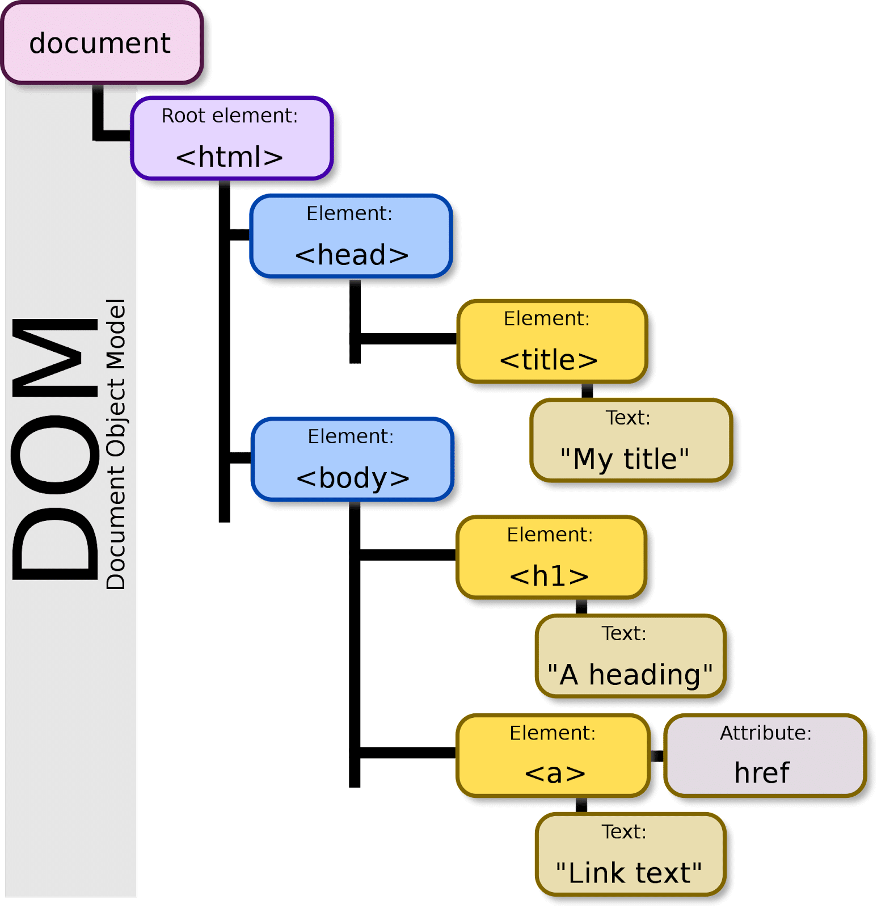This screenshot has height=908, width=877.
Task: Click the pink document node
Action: [x=102, y=43]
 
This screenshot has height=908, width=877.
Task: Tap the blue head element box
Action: [x=351, y=236]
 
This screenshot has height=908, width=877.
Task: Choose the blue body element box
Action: [x=352, y=459]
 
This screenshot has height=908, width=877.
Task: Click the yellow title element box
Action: [x=552, y=341]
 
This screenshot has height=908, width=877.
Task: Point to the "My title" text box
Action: [x=631, y=440]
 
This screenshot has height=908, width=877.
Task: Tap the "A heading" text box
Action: [x=630, y=656]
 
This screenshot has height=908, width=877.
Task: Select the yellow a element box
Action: [x=553, y=755]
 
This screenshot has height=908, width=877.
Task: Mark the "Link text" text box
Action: [x=630, y=855]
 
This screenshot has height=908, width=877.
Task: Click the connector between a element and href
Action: [x=657, y=756]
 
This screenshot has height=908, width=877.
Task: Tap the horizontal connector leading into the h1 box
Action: [x=407, y=554]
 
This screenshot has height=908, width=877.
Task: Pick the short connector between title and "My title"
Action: [x=587, y=390]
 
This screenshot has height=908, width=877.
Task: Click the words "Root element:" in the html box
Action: [x=230, y=116]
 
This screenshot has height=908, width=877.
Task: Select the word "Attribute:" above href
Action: [x=766, y=733]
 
